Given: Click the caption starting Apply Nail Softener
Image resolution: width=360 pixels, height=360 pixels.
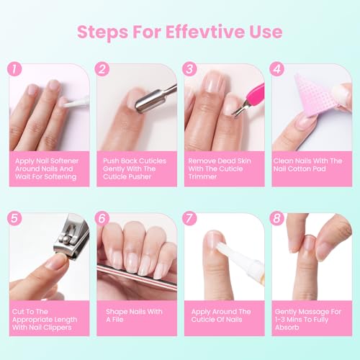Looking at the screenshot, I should click(49, 169).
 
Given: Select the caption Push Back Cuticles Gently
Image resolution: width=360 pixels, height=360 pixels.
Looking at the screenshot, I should click(137, 169).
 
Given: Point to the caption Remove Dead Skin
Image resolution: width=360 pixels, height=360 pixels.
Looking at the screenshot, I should click(223, 169).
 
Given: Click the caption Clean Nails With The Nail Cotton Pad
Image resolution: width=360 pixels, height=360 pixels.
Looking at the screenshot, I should click(310, 165).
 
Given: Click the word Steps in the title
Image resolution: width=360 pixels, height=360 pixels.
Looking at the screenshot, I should click(107, 32).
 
